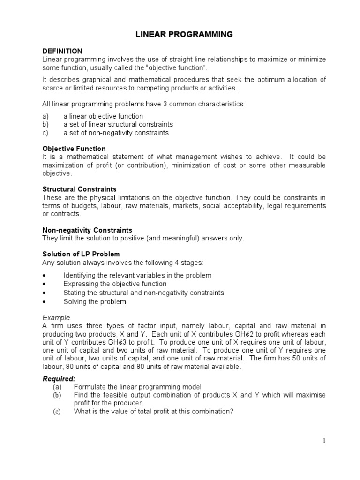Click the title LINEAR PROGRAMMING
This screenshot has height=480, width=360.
click(x=180, y=34)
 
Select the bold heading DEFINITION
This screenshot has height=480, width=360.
click(x=62, y=51)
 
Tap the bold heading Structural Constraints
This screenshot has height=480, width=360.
click(x=79, y=189)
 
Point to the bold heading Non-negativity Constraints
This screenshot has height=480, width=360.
click(x=87, y=230)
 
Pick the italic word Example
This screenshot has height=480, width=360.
click(x=56, y=317)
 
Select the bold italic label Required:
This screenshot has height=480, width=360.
click(x=59, y=378)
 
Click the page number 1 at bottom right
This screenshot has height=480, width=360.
click(x=323, y=441)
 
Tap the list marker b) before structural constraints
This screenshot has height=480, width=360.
click(x=46, y=124)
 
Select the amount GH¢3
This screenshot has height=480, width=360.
click(x=99, y=343)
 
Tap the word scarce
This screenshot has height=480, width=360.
click(x=52, y=88)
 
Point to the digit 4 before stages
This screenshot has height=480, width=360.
click(x=174, y=262)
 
